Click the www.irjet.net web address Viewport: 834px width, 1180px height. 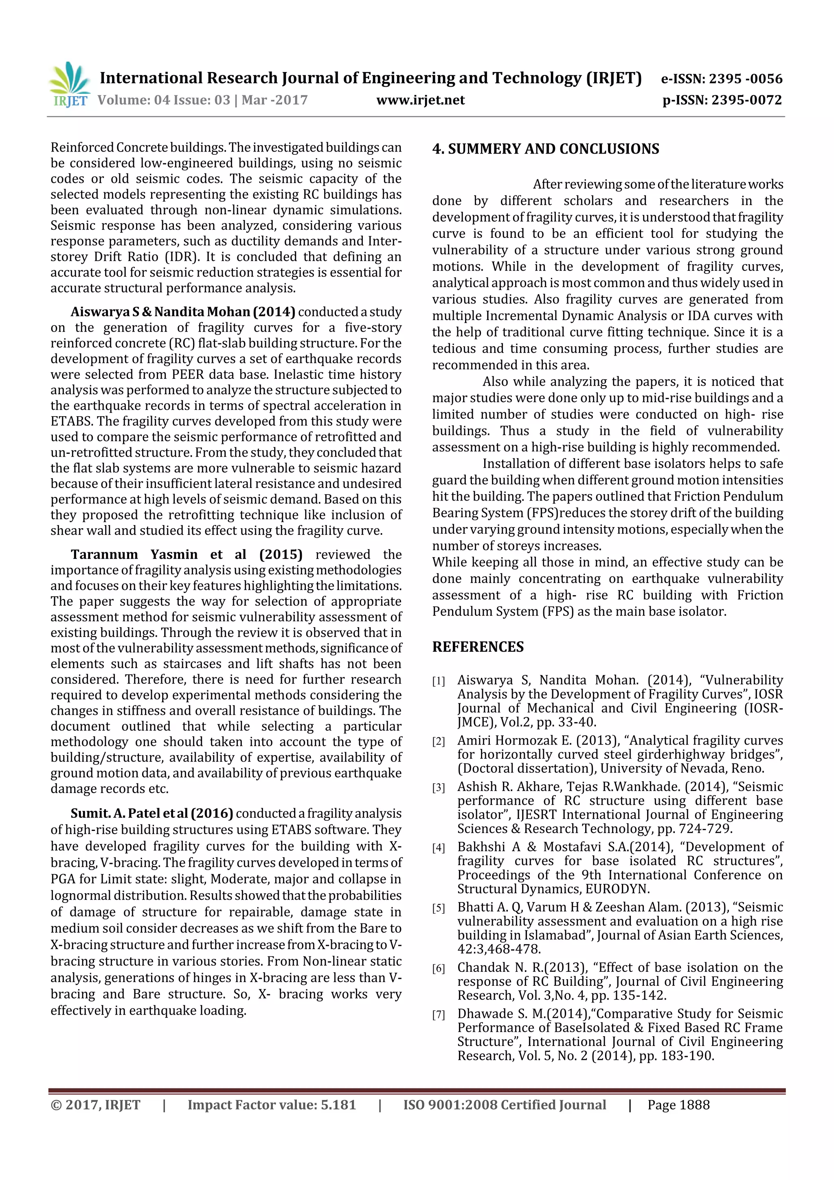(x=420, y=100)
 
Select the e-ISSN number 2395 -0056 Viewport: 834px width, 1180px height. (x=745, y=79)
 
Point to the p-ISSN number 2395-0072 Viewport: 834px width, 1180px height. (x=746, y=100)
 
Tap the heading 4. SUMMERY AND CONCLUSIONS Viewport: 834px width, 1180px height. (x=545, y=149)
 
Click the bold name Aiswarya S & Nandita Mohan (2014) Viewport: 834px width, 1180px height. (x=182, y=312)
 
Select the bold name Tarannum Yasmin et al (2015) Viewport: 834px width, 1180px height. (x=186, y=554)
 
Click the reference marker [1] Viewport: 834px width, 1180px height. (x=438, y=681)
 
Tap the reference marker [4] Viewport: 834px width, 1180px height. (x=438, y=848)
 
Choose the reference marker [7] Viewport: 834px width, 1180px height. (x=438, y=1015)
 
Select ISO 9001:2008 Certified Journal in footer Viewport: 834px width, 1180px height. (x=504, y=1105)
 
